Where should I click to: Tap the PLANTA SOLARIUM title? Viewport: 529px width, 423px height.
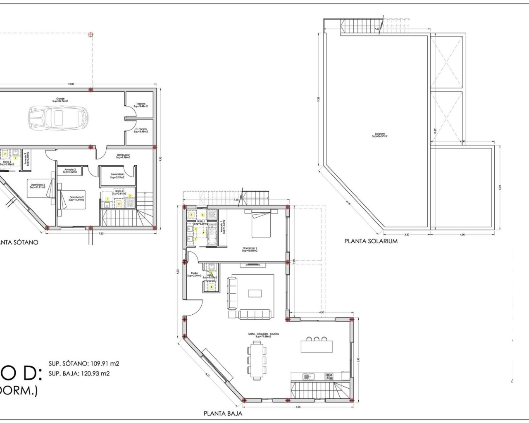(x=371, y=241)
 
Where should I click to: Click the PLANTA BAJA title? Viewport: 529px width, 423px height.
(x=223, y=413)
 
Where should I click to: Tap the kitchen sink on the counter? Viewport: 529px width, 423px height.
(x=308, y=376)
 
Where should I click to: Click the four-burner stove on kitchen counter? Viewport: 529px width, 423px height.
(x=329, y=376)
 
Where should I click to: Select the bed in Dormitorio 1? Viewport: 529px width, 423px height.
(x=261, y=223)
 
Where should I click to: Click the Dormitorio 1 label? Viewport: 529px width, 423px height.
(x=250, y=249)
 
